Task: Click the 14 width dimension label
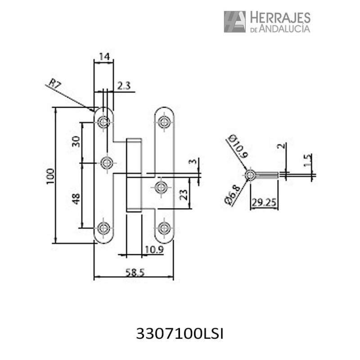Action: coord(104,57)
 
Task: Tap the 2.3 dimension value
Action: coord(124,85)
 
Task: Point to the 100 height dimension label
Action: coord(50,176)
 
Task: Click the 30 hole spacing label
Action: coord(76,142)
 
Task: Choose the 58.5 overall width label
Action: coord(135,273)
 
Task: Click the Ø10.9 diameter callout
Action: coord(238,146)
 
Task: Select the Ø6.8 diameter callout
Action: coord(233,195)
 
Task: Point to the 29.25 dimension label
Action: coord(264,202)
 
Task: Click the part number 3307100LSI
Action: coord(180,334)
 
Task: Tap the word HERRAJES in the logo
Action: coord(280,18)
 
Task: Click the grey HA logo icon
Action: coord(234,22)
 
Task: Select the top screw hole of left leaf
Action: coord(103,122)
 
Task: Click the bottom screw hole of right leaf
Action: coord(164,228)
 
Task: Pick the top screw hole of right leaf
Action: coord(164,122)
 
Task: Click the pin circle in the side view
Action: coord(250,175)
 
